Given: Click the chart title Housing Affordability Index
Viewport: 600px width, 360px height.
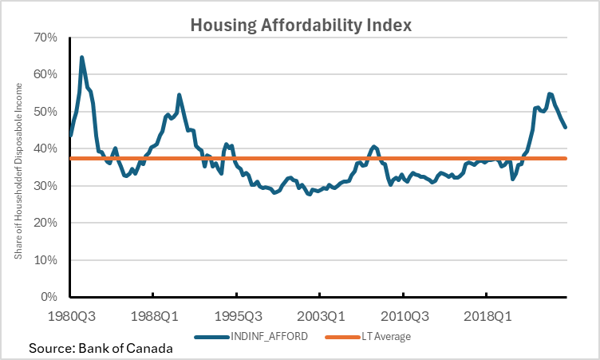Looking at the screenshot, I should tap(301, 25).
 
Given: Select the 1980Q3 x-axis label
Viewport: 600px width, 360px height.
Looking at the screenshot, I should tap(71, 316).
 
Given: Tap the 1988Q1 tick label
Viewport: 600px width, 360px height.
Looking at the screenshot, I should tap(154, 316).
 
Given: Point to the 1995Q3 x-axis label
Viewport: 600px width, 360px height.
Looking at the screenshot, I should tap(237, 316).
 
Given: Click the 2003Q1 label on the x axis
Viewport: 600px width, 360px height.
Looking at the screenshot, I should tap(320, 316).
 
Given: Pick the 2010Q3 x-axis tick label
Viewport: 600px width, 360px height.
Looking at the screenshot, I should tap(403, 316).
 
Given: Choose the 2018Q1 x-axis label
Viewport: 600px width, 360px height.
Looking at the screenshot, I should tap(487, 316).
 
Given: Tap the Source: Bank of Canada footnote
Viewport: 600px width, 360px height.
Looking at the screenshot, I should tap(101, 349).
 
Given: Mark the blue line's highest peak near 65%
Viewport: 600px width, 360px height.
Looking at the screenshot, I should tap(82, 57).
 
